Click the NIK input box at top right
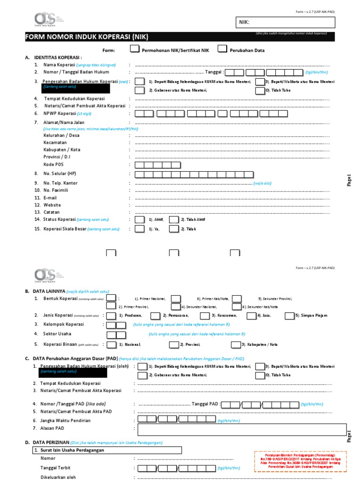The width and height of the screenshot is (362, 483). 285,22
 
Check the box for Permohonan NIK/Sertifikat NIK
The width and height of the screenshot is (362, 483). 134,49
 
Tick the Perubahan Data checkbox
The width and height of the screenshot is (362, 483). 222,49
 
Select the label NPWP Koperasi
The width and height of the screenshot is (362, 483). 60,114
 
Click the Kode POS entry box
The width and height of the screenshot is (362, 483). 157,165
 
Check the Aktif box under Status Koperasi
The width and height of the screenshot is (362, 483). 140,220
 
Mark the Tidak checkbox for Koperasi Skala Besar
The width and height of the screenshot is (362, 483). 173,229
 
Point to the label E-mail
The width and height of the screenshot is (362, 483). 50,198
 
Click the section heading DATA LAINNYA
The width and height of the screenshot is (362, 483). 51,291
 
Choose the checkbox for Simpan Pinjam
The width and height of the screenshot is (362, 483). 290,315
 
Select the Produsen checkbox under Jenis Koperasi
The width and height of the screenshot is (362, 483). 111,315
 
